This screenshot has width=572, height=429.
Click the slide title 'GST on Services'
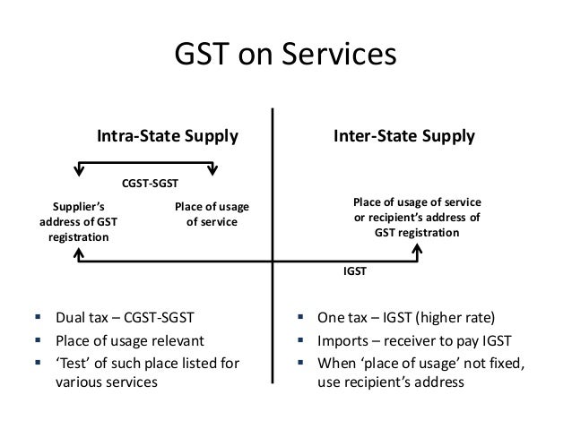284,55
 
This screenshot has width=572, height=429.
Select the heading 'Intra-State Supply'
168,137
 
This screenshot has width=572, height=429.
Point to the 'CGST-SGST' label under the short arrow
150,184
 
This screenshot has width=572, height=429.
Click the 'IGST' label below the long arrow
355,269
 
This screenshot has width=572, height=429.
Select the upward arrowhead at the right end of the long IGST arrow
417,254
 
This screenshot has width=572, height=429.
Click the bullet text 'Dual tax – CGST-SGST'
124,317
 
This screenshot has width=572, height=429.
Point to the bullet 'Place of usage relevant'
131,340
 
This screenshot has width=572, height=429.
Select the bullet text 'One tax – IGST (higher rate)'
403,317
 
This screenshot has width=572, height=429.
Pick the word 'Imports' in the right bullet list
341,340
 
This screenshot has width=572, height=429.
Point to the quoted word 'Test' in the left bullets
77,364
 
